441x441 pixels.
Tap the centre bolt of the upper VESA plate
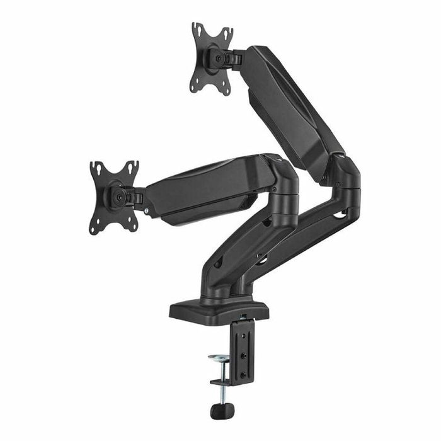pos(218,58)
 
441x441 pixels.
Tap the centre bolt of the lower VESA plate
pos(117,196)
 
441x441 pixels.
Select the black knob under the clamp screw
pos(222,411)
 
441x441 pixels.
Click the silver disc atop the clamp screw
pos(220,358)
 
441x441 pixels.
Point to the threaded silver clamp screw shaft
pos(221,391)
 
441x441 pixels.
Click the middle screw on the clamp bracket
pos(244,356)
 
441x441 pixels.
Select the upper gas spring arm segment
pos(290,107)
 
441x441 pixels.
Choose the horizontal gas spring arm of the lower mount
pos(202,189)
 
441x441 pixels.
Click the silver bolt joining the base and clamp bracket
pos(243,317)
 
